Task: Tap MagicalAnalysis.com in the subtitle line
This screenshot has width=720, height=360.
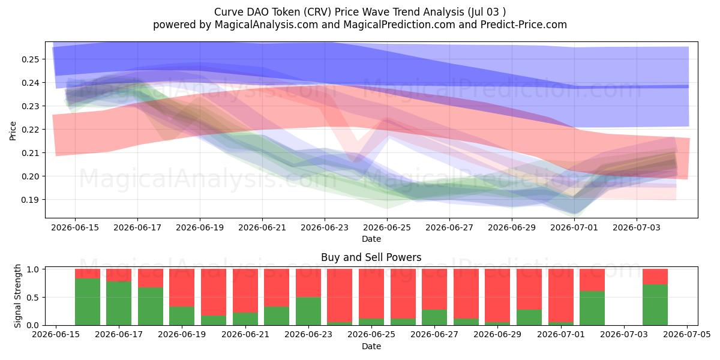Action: pos(266,25)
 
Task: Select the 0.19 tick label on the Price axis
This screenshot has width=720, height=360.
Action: pos(30,200)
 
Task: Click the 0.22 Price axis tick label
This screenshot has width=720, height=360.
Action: pos(30,130)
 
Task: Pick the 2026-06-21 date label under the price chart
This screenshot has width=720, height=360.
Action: pos(262,227)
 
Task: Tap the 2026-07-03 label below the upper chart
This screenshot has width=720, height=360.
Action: pos(637,227)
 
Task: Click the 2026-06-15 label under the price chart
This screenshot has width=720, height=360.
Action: pos(75,227)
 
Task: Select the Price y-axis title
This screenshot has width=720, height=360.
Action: pos(13,131)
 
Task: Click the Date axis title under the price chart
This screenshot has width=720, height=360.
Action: pos(371,239)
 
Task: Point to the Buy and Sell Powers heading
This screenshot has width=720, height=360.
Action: pos(371,257)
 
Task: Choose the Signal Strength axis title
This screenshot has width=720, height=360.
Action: pos(17,296)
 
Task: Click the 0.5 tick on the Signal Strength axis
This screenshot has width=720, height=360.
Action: pos(34,298)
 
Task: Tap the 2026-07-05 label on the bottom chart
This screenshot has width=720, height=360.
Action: pos(687,334)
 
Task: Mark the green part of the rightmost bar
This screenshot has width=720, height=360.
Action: pos(655,305)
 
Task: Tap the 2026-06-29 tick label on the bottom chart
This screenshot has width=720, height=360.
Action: pos(497,334)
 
